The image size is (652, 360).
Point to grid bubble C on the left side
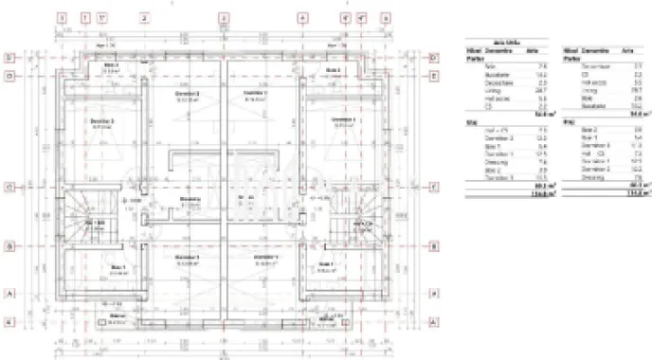click(x=9, y=187)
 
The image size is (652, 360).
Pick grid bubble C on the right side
click(x=433, y=187)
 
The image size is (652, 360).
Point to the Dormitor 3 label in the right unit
click(x=343, y=120)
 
